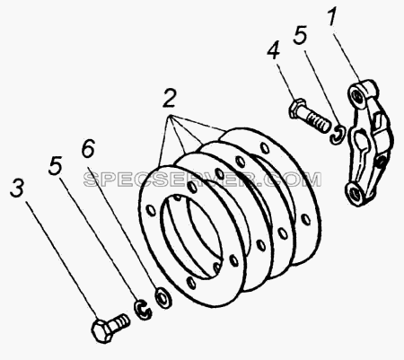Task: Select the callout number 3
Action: pos(17,188)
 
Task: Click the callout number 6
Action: pos(89,149)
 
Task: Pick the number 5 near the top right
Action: pos(301,35)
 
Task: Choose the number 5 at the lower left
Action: pos(56,165)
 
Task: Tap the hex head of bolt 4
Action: pos(296,110)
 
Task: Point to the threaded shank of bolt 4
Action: pos(315,120)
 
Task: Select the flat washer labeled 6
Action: pos(163,298)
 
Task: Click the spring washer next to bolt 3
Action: pos(143,311)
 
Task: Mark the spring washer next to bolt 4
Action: pos(338,134)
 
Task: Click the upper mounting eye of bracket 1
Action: pos(356,95)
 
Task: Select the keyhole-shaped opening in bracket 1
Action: pos(362,142)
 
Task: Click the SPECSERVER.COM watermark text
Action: pos(202,180)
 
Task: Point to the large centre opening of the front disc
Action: pos(192,235)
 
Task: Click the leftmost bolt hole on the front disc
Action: pos(151,210)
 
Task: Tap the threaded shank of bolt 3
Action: pos(120,320)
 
